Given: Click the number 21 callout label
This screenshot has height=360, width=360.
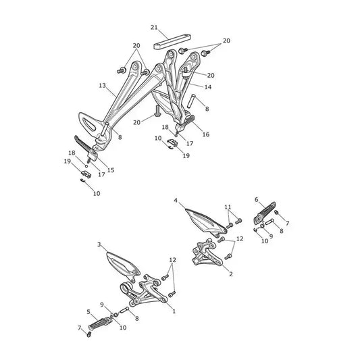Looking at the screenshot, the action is click(154, 27).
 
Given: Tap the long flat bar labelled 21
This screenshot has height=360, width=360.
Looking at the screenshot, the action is click(172, 42).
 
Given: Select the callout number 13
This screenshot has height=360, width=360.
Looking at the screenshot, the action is click(103, 86).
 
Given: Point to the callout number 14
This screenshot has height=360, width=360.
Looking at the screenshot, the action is click(208, 87).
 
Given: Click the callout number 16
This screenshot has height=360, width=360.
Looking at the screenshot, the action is click(206, 134).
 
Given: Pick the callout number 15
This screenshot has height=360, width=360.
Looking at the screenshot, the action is click(111, 170).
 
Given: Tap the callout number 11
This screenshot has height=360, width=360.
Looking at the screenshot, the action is click(228, 207).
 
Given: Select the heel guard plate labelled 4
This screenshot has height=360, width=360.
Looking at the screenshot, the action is click(205, 222).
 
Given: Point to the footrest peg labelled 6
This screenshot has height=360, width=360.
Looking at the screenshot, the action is click(265, 213).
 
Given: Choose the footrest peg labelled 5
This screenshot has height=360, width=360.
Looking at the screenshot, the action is click(99, 324).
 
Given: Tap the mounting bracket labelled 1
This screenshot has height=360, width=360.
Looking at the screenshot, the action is click(143, 290).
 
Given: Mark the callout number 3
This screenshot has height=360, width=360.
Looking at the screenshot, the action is click(99, 245).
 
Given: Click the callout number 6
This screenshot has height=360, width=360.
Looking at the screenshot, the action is click(257, 199).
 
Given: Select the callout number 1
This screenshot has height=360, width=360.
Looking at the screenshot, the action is click(174, 311).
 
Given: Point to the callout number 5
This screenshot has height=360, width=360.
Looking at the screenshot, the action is click(88, 312).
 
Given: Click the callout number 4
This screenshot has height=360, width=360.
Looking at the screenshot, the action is click(176, 201).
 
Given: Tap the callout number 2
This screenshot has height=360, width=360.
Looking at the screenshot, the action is click(231, 274).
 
